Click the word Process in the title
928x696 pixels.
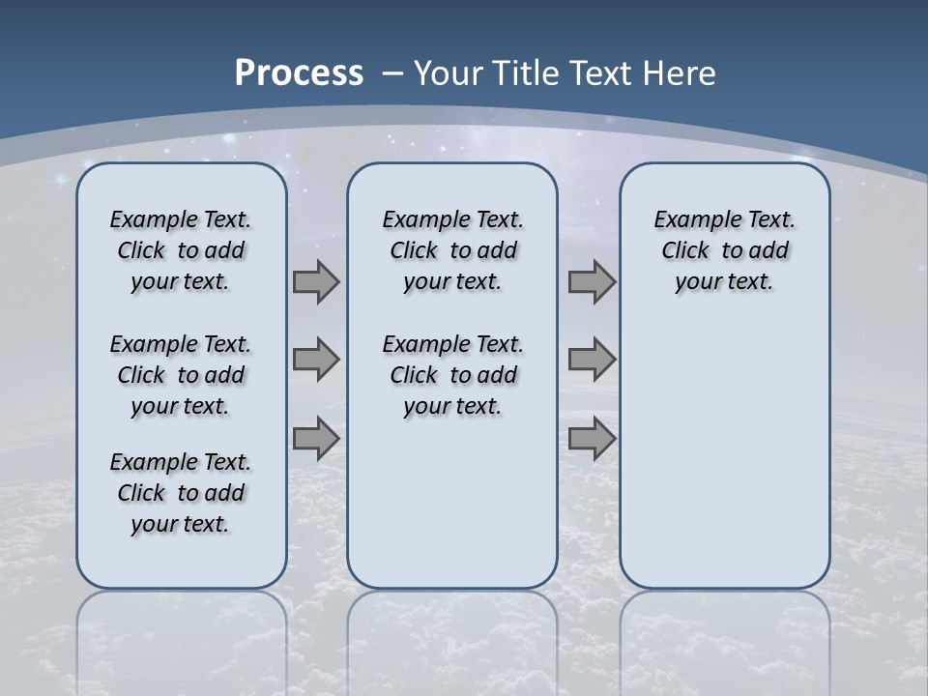pyautogui.click(x=299, y=73)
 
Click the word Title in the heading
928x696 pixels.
pyautogui.click(x=528, y=73)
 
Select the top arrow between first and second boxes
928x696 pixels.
pyautogui.click(x=316, y=282)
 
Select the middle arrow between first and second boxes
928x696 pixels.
pyautogui.click(x=316, y=360)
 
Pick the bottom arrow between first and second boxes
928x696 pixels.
pyautogui.click(x=316, y=439)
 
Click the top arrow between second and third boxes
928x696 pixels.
pyautogui.click(x=592, y=282)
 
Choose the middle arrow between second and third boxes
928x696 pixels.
pyautogui.click(x=592, y=360)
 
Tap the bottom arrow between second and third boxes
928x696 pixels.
pyautogui.click(x=592, y=439)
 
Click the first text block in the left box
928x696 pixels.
pyautogui.click(x=181, y=250)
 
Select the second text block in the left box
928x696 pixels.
pyautogui.click(x=181, y=375)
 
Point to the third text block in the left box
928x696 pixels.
pyautogui.click(x=181, y=493)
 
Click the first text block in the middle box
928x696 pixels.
pyautogui.click(x=452, y=250)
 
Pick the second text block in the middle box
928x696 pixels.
pyautogui.click(x=452, y=375)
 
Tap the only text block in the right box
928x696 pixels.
pyautogui.click(x=724, y=250)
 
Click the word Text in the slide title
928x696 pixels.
pyautogui.click(x=601, y=73)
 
